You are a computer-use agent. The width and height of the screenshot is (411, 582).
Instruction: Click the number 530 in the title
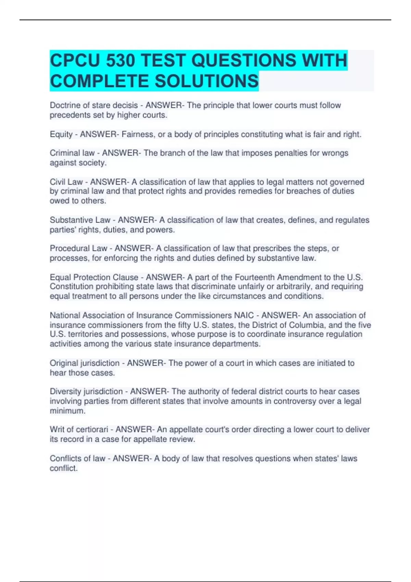click(x=121, y=61)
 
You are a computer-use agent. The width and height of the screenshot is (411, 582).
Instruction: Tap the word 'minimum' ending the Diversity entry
click(x=67, y=411)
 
